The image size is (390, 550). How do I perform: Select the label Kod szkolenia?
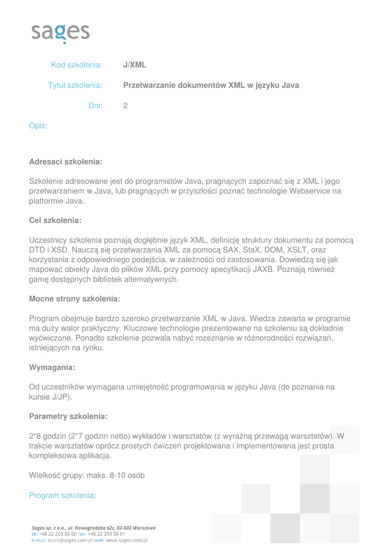[x=76, y=65]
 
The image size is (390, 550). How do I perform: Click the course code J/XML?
[x=134, y=65]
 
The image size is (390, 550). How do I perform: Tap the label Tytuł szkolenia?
[x=75, y=85]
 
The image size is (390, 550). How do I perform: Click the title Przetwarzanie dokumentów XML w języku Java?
[x=211, y=85]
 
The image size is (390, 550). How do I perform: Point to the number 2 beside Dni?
[x=125, y=106]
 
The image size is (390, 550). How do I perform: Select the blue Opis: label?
[x=38, y=126]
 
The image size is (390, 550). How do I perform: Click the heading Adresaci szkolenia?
[x=65, y=162]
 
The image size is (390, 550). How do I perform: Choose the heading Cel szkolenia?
[x=55, y=220]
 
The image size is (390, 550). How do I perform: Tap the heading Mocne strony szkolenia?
[x=74, y=299]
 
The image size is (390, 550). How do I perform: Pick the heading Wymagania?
[x=52, y=367]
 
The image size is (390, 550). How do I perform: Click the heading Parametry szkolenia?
[x=68, y=416]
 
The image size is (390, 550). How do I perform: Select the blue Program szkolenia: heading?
[x=62, y=495]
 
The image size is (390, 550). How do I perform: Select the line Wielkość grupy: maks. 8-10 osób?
[x=87, y=475]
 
